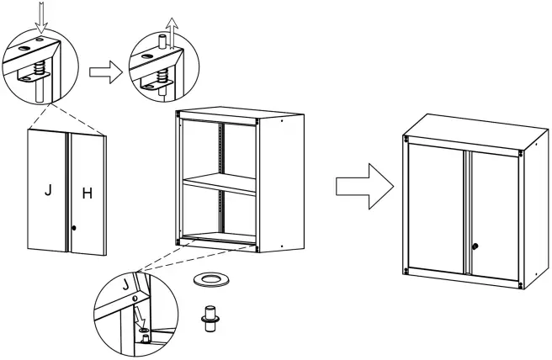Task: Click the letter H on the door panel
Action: coord(86,193)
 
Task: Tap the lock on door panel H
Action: coord(75,228)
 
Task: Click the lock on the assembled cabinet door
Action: coord(475,246)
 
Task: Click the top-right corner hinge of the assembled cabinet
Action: coord(524,152)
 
